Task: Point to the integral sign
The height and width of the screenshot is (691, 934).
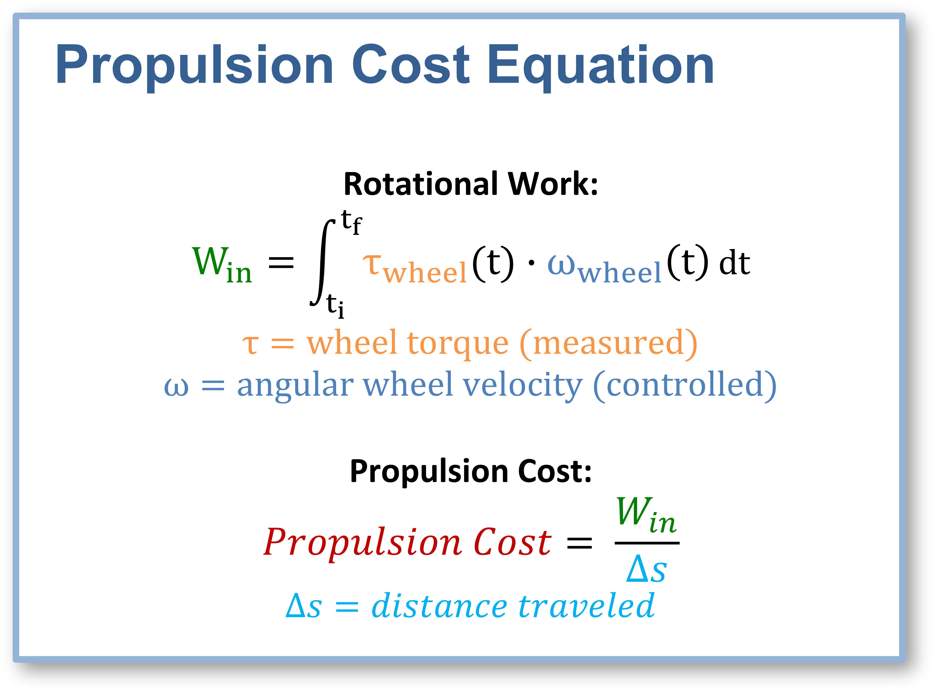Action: [x=322, y=263]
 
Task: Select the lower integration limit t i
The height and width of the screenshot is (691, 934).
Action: [x=335, y=305]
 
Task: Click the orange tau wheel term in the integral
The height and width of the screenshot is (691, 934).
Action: [x=415, y=269]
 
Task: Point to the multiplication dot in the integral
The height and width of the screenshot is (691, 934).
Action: [x=531, y=263]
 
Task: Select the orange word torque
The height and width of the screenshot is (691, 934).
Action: [x=458, y=344]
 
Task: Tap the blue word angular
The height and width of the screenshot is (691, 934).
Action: [x=295, y=386]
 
